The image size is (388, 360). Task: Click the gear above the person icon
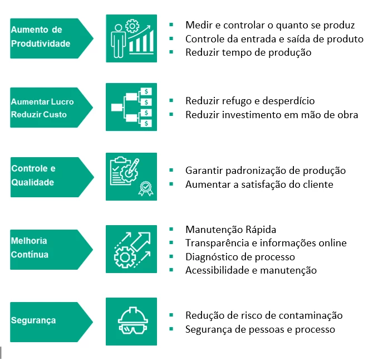[x=132, y=26]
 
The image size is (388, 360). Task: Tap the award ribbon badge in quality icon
[x=146, y=188]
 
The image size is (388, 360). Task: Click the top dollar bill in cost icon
[x=146, y=91]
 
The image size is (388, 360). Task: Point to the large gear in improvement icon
[x=125, y=257]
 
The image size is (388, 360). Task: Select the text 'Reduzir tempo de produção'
[x=248, y=52]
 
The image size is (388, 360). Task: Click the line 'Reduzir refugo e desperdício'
[x=250, y=101]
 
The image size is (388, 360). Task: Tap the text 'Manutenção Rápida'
[x=231, y=230]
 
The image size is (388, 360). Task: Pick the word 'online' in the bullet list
[x=332, y=243]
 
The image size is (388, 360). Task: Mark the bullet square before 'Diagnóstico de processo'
[x=171, y=256]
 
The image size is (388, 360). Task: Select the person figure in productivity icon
[x=118, y=41]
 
